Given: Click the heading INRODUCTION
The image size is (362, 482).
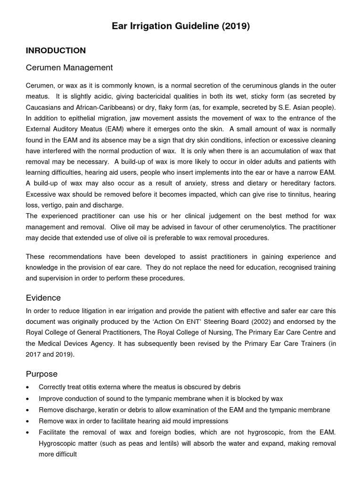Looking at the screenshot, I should pos(56,50).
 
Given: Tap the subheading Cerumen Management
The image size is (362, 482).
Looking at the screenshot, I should pos(69,68).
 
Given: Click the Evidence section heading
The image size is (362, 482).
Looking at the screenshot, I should pos(43,298).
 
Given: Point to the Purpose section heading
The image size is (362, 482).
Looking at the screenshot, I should pos(41,374).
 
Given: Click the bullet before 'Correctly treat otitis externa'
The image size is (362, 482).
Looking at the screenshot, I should pos(29,387).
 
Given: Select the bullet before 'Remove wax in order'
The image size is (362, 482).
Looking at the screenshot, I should pos(29,421).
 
